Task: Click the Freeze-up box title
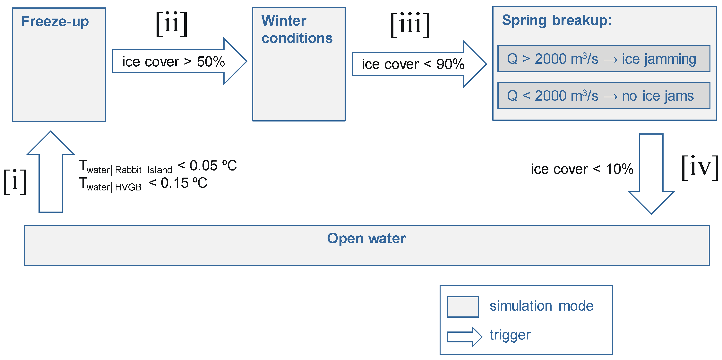[55, 21]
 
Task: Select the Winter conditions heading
[297, 29]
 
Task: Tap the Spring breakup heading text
[556, 21]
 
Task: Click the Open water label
[366, 239]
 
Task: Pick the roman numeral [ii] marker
[172, 24]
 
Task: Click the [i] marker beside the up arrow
[15, 181]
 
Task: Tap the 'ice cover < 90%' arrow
[413, 64]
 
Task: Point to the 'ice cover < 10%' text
[582, 169]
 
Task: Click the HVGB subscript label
[128, 187]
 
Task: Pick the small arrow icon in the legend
[464, 337]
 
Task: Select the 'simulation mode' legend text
[541, 306]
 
